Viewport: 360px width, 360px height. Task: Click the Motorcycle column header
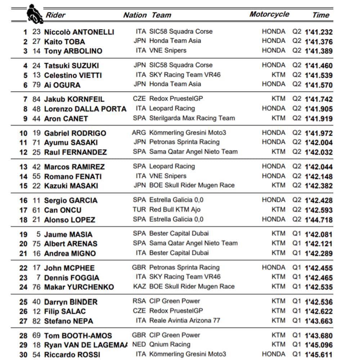pyautogui.click(x=269, y=14)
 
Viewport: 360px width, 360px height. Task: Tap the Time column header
pyautogui.click(x=321, y=15)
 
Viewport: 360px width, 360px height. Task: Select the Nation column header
pyautogui.click(x=135, y=15)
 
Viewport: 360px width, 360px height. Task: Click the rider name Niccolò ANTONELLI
pyautogui.click(x=79, y=32)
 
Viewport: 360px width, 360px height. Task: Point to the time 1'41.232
pyautogui.click(x=319, y=32)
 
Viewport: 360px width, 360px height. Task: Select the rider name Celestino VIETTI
pyautogui.click(x=73, y=75)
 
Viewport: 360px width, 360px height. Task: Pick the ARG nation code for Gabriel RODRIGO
pyautogui.click(x=139, y=132)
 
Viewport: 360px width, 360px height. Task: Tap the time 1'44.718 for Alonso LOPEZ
pyautogui.click(x=319, y=220)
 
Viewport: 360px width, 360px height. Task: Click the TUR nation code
pyautogui.click(x=139, y=210)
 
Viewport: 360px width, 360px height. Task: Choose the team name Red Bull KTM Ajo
pyautogui.click(x=175, y=210)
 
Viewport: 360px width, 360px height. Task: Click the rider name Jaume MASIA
pyautogui.click(x=68, y=234)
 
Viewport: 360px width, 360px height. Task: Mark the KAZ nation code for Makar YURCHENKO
pyautogui.click(x=139, y=287)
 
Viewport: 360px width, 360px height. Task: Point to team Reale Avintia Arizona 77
pyautogui.click(x=184, y=320)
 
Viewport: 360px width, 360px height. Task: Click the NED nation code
pyautogui.click(x=139, y=345)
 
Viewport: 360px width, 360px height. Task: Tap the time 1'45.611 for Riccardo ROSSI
pyautogui.click(x=319, y=355)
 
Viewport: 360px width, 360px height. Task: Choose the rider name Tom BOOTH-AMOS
pyautogui.click(x=78, y=336)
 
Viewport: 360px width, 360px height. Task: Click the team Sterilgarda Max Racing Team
pyautogui.click(x=192, y=118)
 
